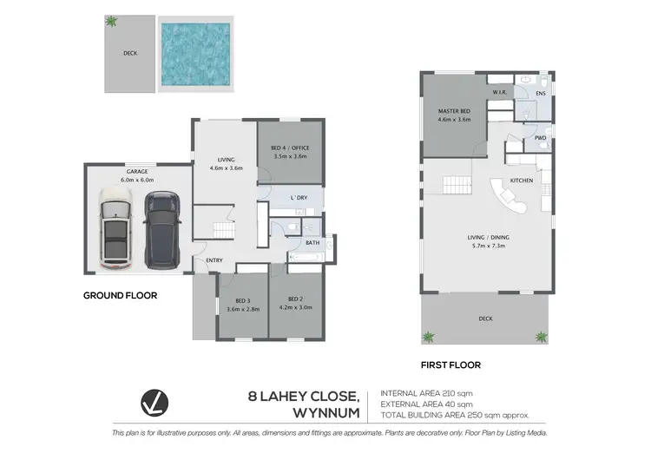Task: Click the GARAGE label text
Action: click(x=136, y=172)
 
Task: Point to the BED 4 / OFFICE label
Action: click(x=290, y=148)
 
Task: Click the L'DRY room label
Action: click(x=299, y=199)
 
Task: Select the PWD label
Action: click(x=540, y=137)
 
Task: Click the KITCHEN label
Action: click(x=521, y=181)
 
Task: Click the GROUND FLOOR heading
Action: click(x=120, y=295)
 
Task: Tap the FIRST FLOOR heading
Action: click(x=451, y=365)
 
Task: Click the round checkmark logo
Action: click(x=154, y=404)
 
